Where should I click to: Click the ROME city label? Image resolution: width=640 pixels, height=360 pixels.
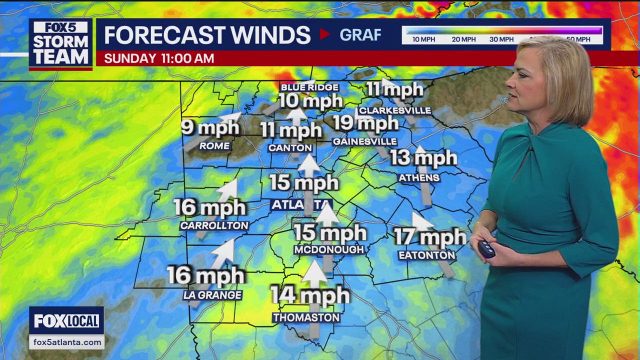pyautogui.click(x=214, y=146)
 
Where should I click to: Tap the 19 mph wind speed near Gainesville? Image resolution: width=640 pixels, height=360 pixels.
pyautogui.click(x=365, y=122)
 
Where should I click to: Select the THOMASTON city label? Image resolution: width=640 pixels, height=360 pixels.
pyautogui.click(x=306, y=317)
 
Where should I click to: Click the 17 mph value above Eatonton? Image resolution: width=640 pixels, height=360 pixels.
pyautogui.click(x=429, y=237)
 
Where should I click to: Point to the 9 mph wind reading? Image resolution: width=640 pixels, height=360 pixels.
pyautogui.click(x=210, y=127)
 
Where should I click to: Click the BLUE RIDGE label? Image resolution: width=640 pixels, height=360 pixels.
pyautogui.click(x=309, y=87)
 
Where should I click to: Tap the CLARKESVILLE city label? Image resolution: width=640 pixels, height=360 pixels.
pyautogui.click(x=394, y=110)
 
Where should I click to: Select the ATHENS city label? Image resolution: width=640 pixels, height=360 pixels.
pyautogui.click(x=419, y=177)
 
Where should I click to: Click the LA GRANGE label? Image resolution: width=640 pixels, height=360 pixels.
pyautogui.click(x=212, y=295)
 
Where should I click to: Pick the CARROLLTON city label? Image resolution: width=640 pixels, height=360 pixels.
pyautogui.click(x=214, y=225)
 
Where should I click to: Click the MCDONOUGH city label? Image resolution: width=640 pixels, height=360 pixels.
pyautogui.click(x=329, y=249)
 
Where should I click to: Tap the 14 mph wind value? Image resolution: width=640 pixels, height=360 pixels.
pyautogui.click(x=309, y=295)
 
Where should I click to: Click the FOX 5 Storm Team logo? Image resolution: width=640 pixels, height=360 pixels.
pyautogui.click(x=60, y=44)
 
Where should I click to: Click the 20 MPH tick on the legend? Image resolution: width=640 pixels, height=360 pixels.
pyautogui.click(x=463, y=39)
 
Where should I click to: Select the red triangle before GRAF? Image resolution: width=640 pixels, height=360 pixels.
pyautogui.click(x=325, y=34)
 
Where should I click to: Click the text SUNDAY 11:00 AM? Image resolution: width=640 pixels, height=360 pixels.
pyautogui.click(x=159, y=58)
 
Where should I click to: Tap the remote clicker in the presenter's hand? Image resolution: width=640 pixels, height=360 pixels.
pyautogui.click(x=486, y=249)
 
